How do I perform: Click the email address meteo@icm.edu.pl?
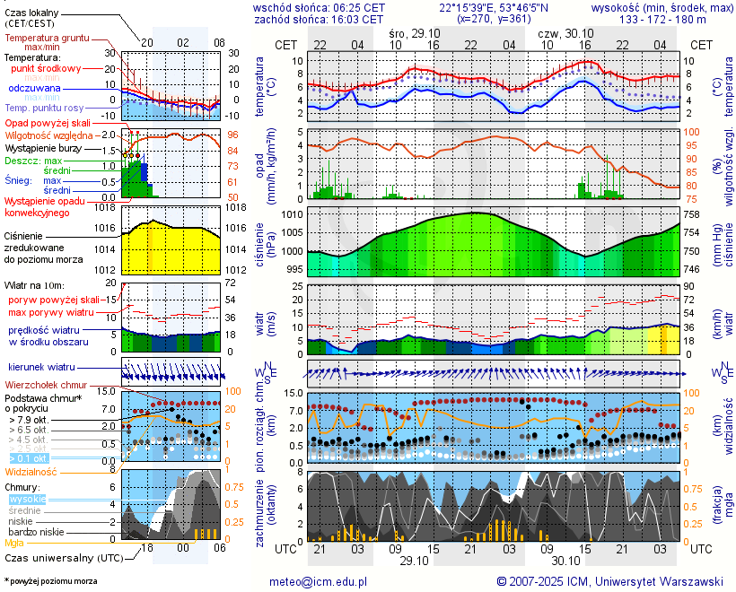click(319, 581)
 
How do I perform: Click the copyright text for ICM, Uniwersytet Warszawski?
click(610, 581)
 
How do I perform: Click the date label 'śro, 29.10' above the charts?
click(413, 32)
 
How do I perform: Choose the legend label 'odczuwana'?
click(35, 89)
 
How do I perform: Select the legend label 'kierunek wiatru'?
click(41, 368)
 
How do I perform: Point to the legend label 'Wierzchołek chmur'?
click(51, 385)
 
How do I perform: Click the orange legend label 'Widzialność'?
click(31, 471)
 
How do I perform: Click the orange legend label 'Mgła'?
click(14, 543)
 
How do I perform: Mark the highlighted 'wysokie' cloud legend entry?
click(27, 499)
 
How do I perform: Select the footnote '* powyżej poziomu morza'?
click(50, 581)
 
